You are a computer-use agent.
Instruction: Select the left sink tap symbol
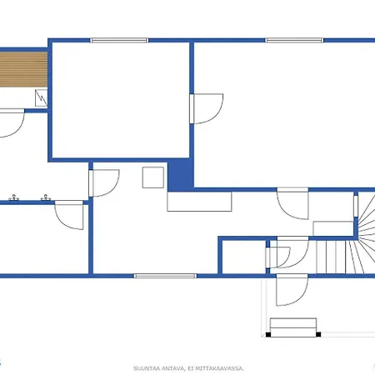click(x=13, y=198)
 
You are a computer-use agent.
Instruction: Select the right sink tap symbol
click(x=43, y=198)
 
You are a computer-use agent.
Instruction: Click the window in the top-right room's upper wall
click(x=293, y=40)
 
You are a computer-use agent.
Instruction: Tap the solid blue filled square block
click(x=180, y=176)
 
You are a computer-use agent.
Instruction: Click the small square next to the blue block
click(x=152, y=177)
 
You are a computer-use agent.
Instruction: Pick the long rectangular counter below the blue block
click(x=198, y=202)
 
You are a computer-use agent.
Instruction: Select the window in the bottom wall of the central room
click(x=165, y=276)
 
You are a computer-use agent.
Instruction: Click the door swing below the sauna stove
click(x=12, y=126)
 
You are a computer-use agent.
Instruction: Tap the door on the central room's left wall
click(x=103, y=182)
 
